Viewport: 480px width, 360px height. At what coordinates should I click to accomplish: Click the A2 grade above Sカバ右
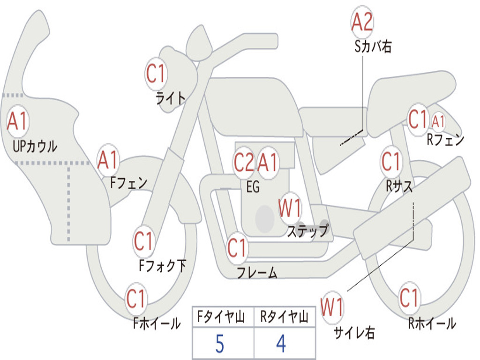click(x=362, y=22)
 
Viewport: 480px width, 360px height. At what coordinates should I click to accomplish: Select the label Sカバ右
click(x=373, y=46)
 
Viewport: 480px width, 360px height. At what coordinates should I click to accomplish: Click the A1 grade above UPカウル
click(x=18, y=121)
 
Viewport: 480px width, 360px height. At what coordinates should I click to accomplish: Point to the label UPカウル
click(x=35, y=146)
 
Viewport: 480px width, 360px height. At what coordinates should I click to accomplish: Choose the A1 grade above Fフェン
click(x=108, y=161)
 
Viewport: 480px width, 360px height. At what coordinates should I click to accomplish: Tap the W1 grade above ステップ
click(x=290, y=208)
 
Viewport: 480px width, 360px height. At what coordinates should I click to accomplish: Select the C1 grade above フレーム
click(x=237, y=247)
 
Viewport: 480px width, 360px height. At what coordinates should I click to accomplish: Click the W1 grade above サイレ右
click(x=332, y=307)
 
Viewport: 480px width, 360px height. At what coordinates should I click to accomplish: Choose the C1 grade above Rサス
click(x=391, y=162)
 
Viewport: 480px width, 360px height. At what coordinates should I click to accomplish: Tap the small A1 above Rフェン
click(x=438, y=121)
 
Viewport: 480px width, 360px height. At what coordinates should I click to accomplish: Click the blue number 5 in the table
click(x=219, y=344)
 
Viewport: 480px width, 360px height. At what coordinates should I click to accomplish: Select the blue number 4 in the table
click(x=281, y=344)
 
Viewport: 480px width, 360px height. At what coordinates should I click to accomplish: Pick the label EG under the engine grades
click(x=253, y=187)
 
